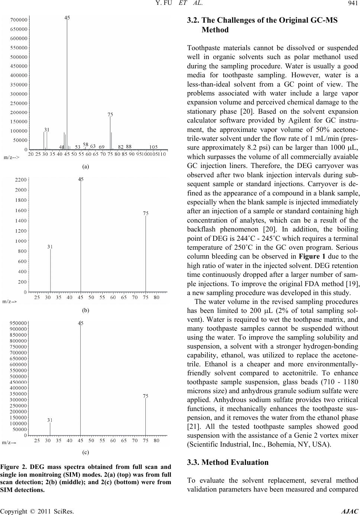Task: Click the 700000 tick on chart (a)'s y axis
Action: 18,19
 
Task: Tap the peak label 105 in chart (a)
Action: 153,146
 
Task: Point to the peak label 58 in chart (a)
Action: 85,145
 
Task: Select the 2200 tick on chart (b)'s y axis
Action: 20,180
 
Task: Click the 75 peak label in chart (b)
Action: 146,213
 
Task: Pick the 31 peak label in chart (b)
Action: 50,246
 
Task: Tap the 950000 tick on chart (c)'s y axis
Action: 17,323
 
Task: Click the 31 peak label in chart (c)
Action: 50,420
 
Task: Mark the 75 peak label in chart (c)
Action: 146,396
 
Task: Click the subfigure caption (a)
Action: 86,167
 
